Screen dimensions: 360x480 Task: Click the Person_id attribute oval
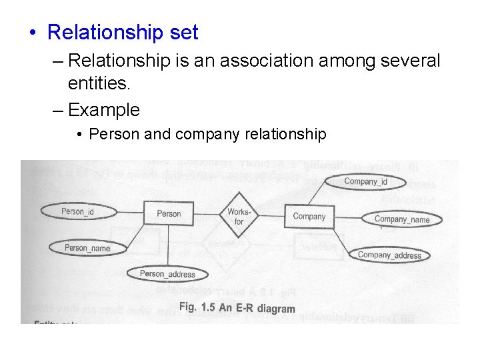click(77, 211)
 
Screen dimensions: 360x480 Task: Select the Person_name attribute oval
click(87, 248)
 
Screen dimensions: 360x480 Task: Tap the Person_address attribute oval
click(167, 273)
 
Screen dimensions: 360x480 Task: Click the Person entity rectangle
click(169, 213)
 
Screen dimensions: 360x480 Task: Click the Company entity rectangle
click(309, 216)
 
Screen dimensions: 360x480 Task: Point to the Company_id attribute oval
click(365, 181)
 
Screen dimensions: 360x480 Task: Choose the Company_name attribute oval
click(402, 219)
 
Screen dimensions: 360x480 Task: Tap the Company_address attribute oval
click(389, 255)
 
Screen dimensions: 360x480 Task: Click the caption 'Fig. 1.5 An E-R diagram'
click(237, 308)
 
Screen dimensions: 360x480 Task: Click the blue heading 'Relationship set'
click(123, 32)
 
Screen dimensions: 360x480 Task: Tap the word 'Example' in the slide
click(103, 109)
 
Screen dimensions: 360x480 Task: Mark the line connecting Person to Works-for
click(206, 213)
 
